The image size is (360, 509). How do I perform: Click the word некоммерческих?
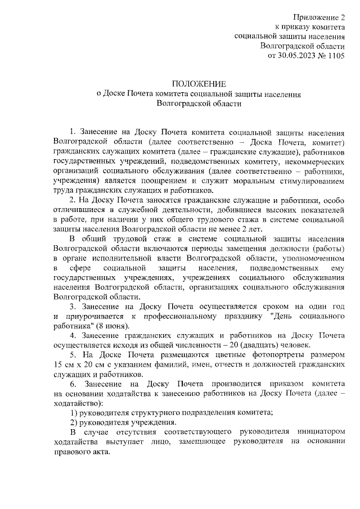pos(314,162)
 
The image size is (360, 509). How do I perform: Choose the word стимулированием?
pos(310,182)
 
